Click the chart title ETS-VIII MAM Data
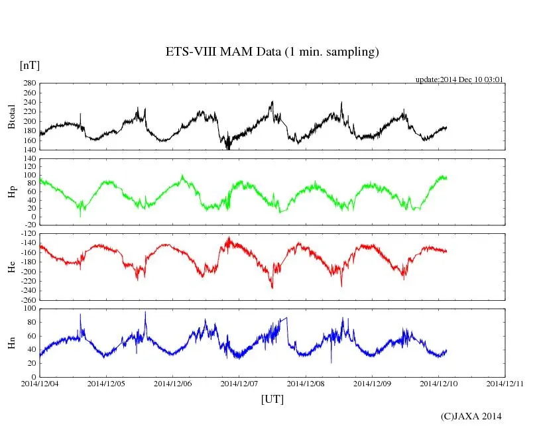coord(272,52)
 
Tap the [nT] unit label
coord(29,65)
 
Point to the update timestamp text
coord(459,80)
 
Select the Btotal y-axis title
coord(11,116)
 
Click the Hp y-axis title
coord(11,192)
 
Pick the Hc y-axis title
coord(11,266)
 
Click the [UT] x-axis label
coord(272,399)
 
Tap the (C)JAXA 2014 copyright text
coord(471,416)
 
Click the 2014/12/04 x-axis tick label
coord(40,383)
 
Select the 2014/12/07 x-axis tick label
coord(239,383)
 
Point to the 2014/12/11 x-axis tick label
coord(505,383)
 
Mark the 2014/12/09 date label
coord(373,383)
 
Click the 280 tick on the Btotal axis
coord(29,83)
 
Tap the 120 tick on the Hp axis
coord(29,159)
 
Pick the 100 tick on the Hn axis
coord(29,309)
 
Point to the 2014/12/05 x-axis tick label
coord(106,383)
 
